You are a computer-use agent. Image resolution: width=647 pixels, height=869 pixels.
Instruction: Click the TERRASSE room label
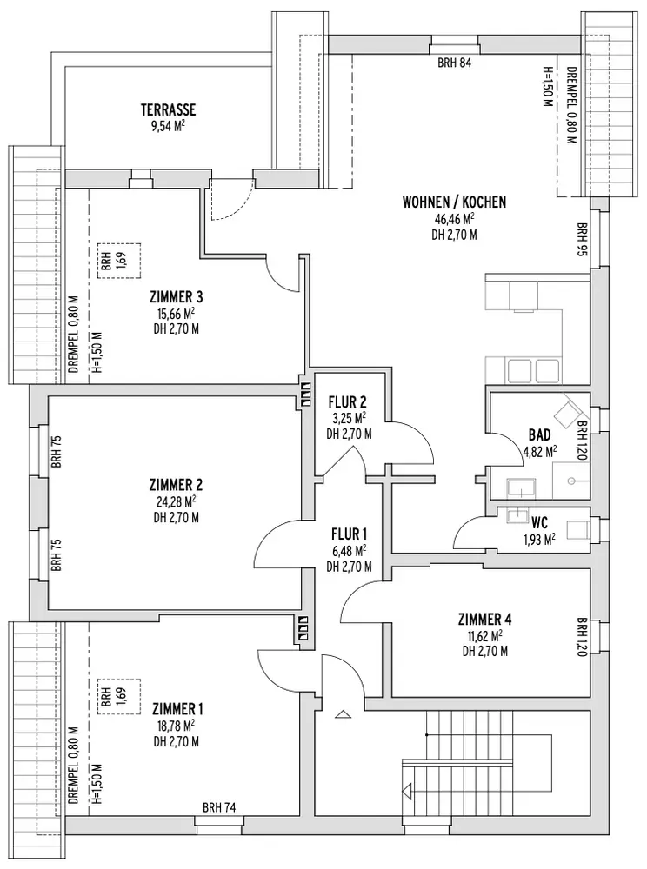(x=170, y=109)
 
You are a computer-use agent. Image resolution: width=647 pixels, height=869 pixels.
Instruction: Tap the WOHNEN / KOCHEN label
(x=454, y=202)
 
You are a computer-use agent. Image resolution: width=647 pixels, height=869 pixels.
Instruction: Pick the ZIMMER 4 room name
(x=484, y=619)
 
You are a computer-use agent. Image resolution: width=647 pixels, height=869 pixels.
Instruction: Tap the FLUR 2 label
(x=348, y=402)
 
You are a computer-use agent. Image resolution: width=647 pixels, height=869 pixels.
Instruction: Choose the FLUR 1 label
(x=349, y=534)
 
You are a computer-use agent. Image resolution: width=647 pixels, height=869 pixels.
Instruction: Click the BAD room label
(x=539, y=434)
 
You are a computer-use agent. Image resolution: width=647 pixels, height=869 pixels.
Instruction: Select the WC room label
(x=538, y=523)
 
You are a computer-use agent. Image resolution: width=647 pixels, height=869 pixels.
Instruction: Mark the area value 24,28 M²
(x=176, y=501)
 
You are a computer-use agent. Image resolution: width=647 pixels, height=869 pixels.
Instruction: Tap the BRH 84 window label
(x=454, y=63)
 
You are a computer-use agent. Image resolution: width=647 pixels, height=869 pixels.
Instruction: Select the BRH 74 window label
(x=218, y=806)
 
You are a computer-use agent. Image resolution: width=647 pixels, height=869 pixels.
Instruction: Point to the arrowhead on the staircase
(x=405, y=791)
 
